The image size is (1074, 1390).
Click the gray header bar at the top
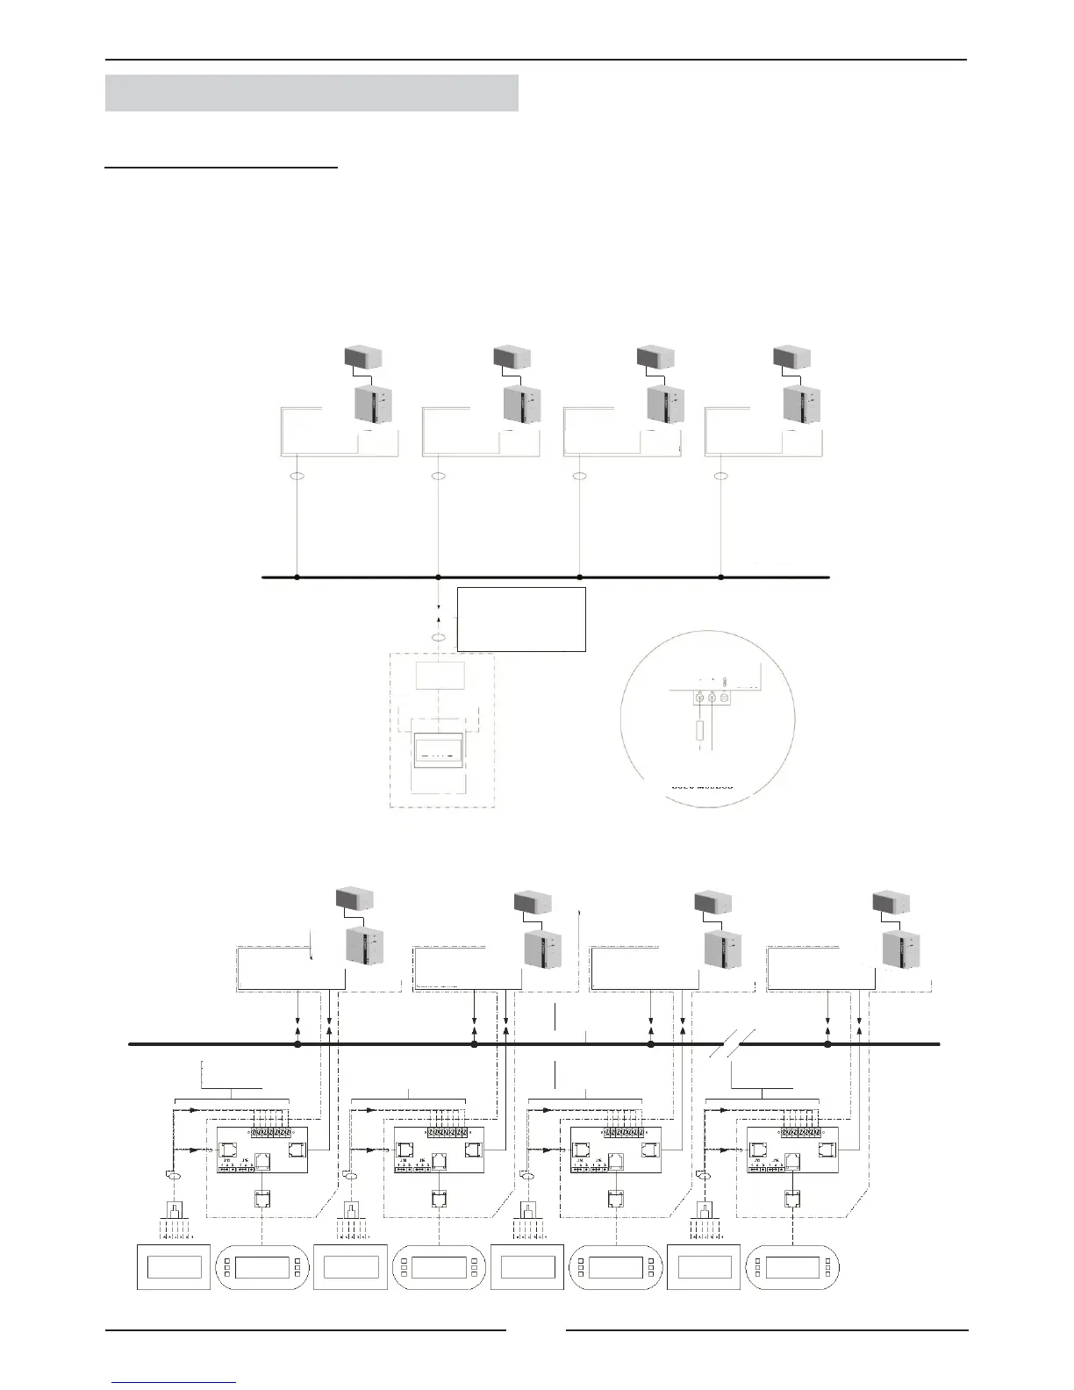click(311, 93)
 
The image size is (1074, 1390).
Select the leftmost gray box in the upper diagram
click(362, 357)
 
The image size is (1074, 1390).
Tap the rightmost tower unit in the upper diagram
click(801, 404)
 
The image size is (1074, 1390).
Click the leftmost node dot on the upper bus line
click(297, 577)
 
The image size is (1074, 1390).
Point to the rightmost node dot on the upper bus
click(721, 577)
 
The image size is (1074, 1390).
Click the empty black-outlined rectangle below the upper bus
click(521, 620)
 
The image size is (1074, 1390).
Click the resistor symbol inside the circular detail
click(699, 730)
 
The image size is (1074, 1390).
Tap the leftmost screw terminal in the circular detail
click(700, 697)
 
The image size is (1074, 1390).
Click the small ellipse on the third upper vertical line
click(578, 476)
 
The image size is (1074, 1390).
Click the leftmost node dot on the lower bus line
click(297, 1045)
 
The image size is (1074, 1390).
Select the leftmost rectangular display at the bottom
click(174, 1267)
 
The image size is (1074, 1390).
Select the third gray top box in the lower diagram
click(712, 902)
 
